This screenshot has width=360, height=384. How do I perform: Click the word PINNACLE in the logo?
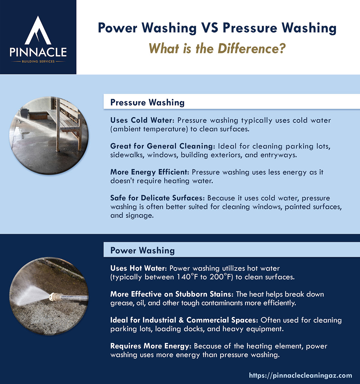click(x=38, y=52)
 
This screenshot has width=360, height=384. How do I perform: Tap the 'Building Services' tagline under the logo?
click(x=38, y=61)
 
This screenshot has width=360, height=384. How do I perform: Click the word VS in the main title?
click(x=209, y=28)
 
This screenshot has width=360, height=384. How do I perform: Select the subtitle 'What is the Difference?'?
click(x=217, y=48)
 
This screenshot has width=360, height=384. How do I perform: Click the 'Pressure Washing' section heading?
click(x=147, y=103)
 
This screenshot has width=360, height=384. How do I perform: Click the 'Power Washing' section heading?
click(x=142, y=251)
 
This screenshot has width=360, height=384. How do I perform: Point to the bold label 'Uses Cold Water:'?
click(x=142, y=120)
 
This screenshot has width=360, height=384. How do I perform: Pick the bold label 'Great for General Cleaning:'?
click(x=163, y=146)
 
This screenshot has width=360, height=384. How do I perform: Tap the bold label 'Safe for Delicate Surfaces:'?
click(x=157, y=198)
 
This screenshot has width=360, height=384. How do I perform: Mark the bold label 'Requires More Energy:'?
click(x=151, y=346)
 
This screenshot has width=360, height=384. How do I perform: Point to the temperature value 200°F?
click(x=221, y=277)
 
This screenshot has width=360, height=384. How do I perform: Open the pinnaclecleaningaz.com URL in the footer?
click(x=300, y=375)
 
